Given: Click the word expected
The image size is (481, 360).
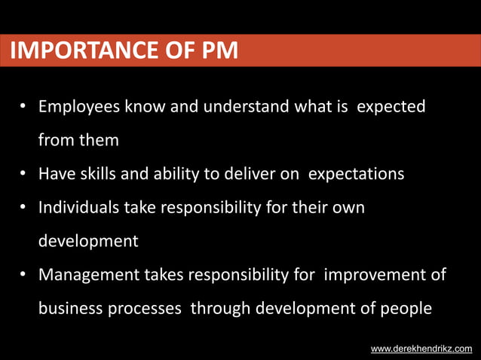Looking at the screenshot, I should coord(391,108).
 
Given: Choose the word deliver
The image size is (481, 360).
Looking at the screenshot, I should coord(250,174).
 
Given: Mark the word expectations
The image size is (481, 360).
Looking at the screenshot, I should coord(361,174).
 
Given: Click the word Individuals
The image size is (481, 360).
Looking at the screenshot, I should coord(79,207).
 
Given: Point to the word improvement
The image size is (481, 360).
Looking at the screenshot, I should coord(370,274).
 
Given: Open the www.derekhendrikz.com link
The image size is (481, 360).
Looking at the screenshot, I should coord(421,349).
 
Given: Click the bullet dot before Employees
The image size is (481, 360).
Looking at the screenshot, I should coord(23,108).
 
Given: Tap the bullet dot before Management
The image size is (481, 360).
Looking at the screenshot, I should coord(23,275).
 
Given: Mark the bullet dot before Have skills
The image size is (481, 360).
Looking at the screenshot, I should coord(23,175).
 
